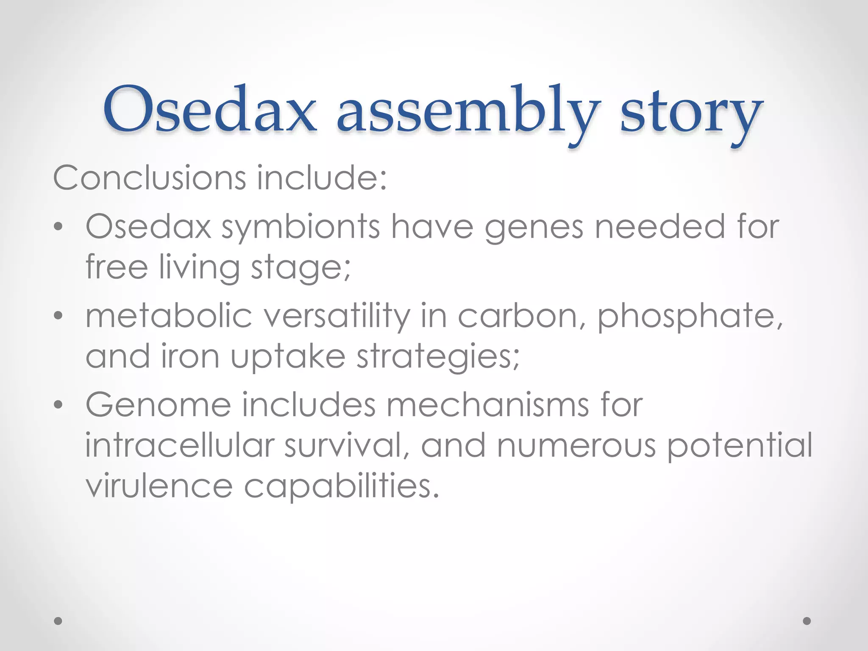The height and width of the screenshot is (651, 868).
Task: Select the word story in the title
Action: click(x=691, y=112)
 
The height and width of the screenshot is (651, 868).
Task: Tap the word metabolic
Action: click(x=169, y=316)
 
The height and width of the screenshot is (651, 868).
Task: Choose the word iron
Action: click(x=190, y=356)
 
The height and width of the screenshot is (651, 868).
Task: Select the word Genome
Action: click(x=158, y=405)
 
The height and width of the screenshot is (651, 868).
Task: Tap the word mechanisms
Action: click(x=487, y=405)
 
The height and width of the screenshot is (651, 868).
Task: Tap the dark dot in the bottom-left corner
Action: click(x=58, y=621)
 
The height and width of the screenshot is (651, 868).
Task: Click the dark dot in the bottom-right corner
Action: click(x=807, y=621)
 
